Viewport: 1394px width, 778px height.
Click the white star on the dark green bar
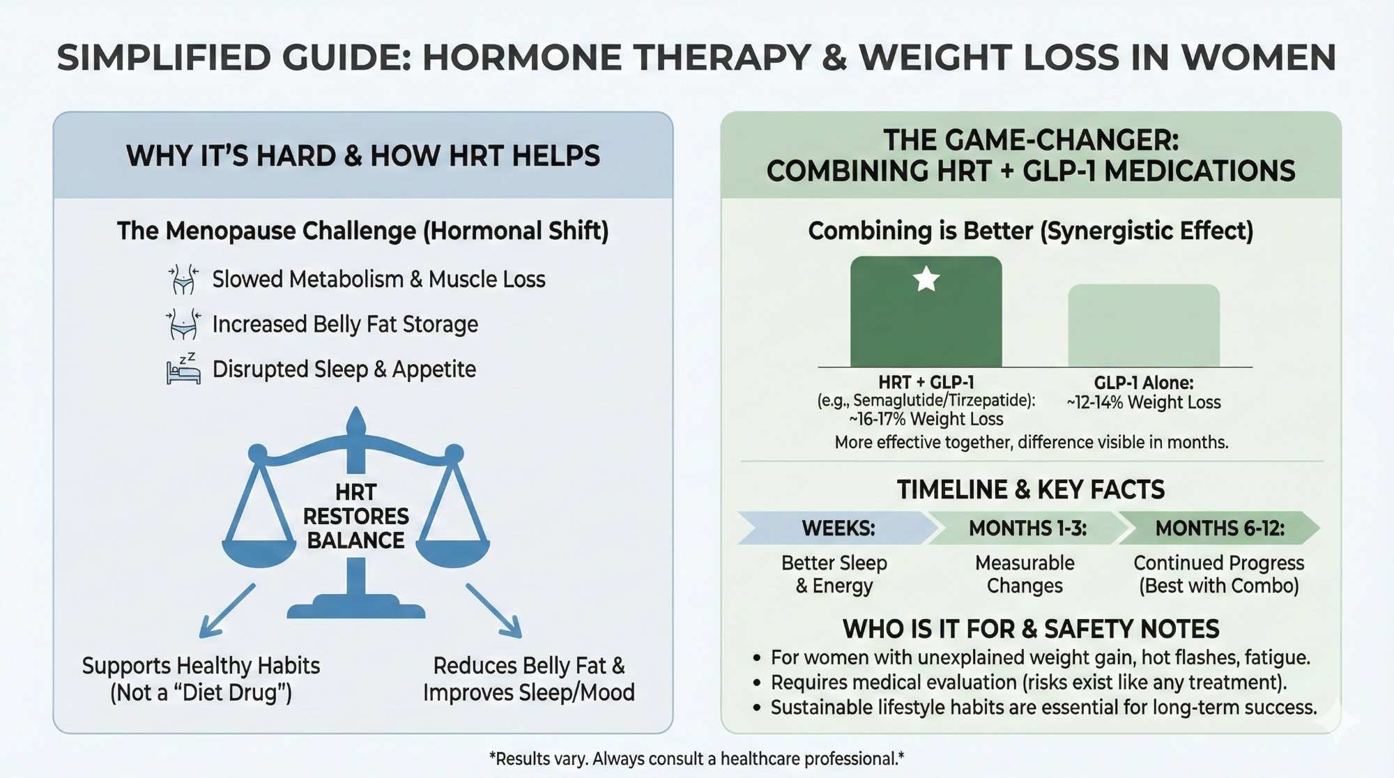coord(926,279)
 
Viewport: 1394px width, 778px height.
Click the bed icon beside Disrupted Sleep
coord(183,369)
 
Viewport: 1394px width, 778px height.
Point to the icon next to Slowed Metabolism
coord(183,279)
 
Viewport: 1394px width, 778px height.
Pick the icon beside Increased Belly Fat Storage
coord(183,325)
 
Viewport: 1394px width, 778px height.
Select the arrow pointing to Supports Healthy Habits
coord(227,611)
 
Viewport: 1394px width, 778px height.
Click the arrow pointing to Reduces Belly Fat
coord(494,611)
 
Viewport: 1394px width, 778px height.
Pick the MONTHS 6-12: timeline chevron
coord(1219,528)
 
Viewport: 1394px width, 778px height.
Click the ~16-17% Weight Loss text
coord(926,419)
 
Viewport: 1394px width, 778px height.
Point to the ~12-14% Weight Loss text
coord(1144,402)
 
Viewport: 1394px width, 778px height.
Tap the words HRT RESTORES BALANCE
coord(355,517)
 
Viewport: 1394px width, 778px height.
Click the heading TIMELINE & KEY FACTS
coord(1030,489)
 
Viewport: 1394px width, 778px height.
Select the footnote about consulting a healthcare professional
coord(696,758)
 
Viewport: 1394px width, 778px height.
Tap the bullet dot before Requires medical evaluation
coord(757,683)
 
